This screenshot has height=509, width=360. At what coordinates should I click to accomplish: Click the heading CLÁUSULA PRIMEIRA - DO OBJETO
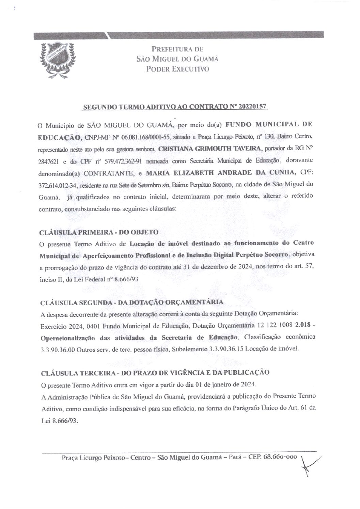click(99, 232)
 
